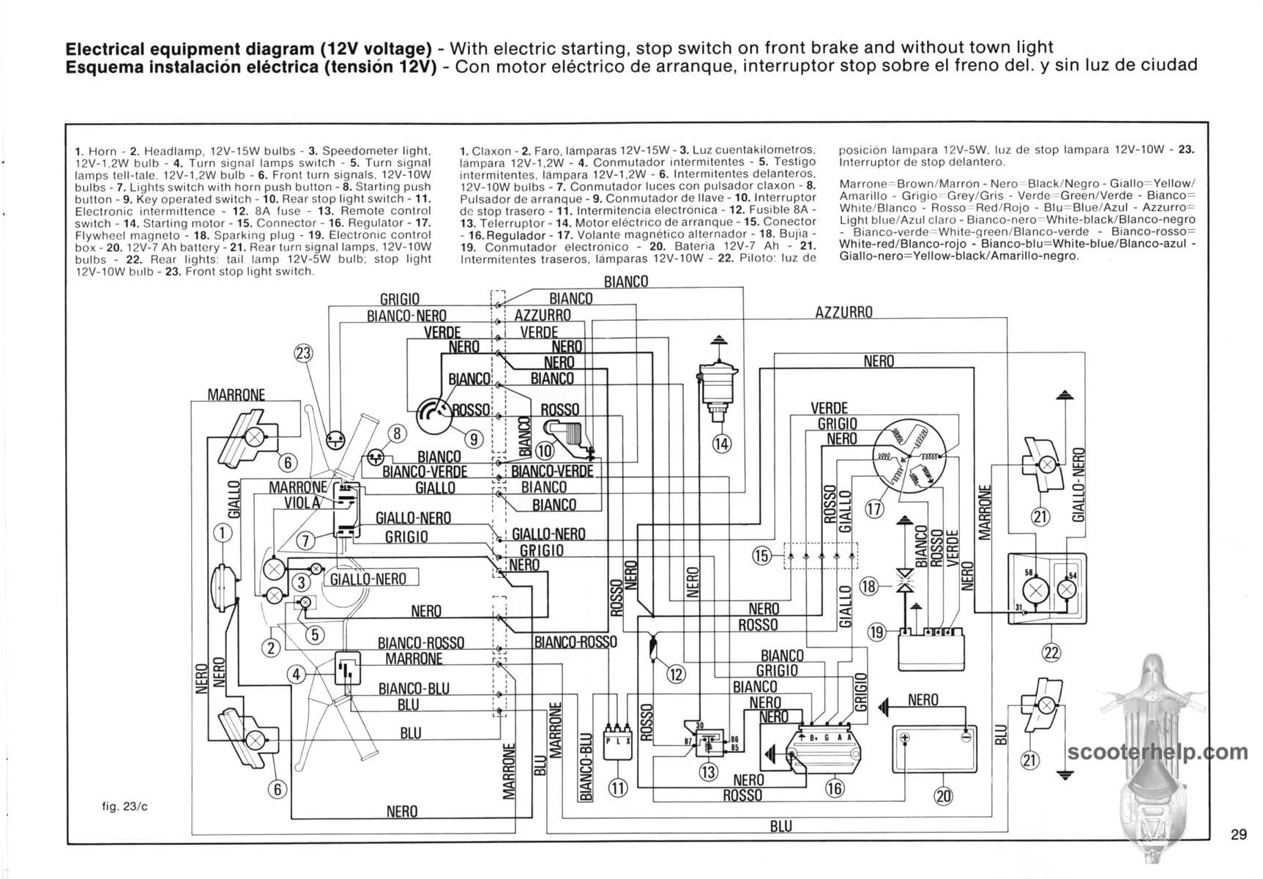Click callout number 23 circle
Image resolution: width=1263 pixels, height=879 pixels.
coord(303,353)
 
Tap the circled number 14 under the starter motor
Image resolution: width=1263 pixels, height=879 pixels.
coord(721,442)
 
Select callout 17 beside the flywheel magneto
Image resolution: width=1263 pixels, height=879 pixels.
coord(874,508)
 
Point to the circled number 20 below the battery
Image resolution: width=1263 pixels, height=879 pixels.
coord(944,796)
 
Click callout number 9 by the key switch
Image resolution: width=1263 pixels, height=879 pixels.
coord(474,439)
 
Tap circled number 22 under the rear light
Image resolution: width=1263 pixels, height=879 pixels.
coord(1051,653)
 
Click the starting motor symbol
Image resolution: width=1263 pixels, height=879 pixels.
coord(718,385)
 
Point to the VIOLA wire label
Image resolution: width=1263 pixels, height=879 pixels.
coord(302,502)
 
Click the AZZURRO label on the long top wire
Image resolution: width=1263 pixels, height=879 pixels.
coord(843,313)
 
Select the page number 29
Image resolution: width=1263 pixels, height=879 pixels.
coord(1238,834)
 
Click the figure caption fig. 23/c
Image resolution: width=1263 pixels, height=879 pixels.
coord(119,807)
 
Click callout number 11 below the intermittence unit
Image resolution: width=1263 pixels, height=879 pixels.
coord(619,788)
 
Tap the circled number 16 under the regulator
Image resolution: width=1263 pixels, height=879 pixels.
coord(834,788)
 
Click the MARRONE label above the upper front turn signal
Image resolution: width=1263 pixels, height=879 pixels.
coord(236,395)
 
